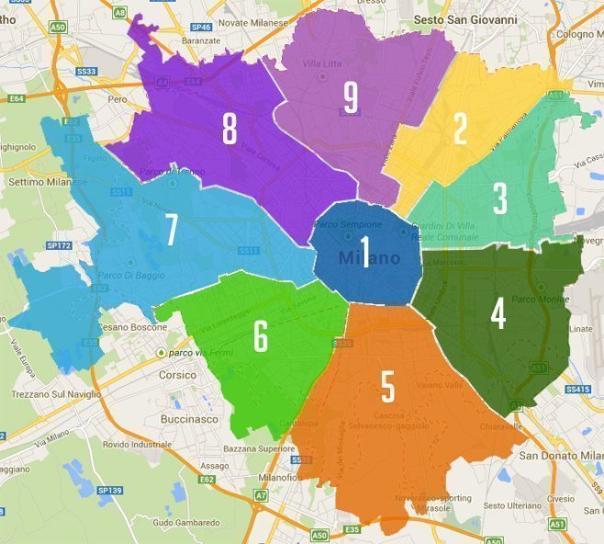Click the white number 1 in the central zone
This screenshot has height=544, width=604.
pyautogui.click(x=365, y=251)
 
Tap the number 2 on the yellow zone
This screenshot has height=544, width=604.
pyautogui.click(x=460, y=130)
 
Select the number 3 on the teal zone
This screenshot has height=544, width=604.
pyautogui.click(x=500, y=198)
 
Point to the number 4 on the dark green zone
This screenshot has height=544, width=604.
pyautogui.click(x=498, y=313)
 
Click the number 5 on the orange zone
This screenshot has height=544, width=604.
pyautogui.click(x=387, y=387)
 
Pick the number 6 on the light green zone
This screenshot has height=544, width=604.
pyautogui.click(x=261, y=336)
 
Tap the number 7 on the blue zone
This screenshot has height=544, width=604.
pyautogui.click(x=171, y=231)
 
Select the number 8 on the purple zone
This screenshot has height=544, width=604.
pyautogui.click(x=229, y=130)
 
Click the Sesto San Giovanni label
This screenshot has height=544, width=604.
pyautogui.click(x=465, y=18)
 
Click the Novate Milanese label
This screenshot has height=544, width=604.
pyautogui.click(x=241, y=21)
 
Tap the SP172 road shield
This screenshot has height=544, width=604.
pyautogui.click(x=59, y=245)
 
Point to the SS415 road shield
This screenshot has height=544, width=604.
pyautogui.click(x=577, y=390)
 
